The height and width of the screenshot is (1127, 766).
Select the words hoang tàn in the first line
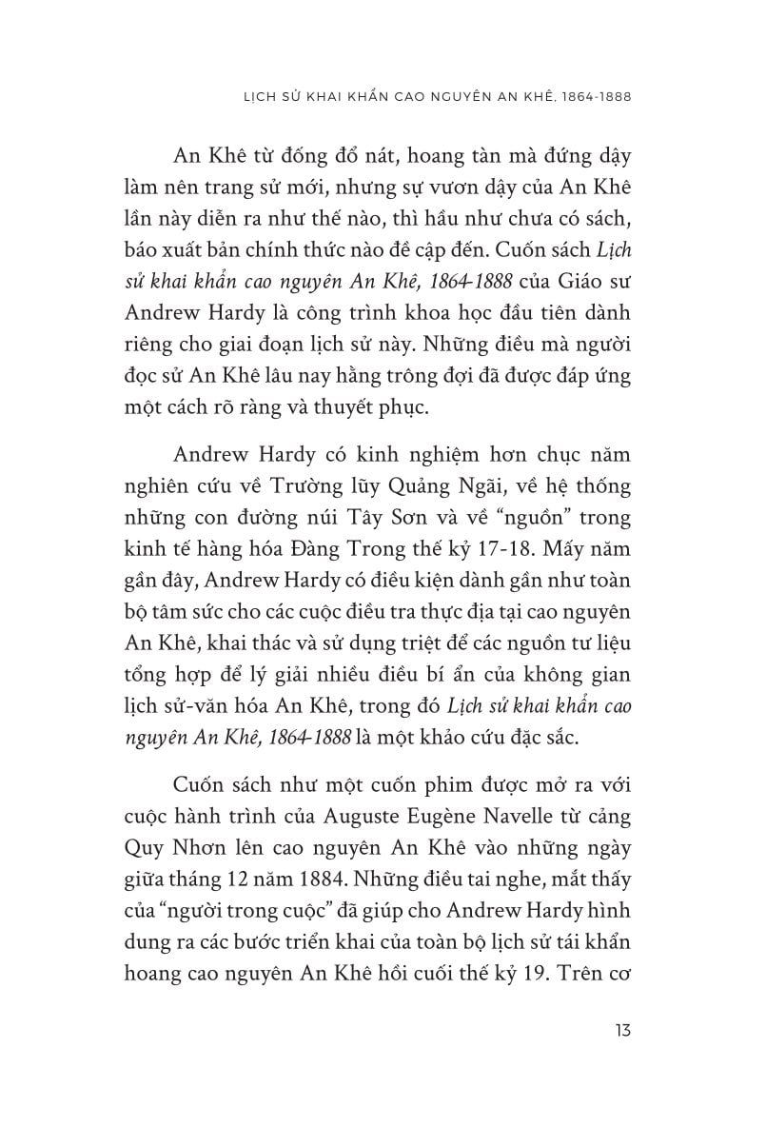click(379, 152)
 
